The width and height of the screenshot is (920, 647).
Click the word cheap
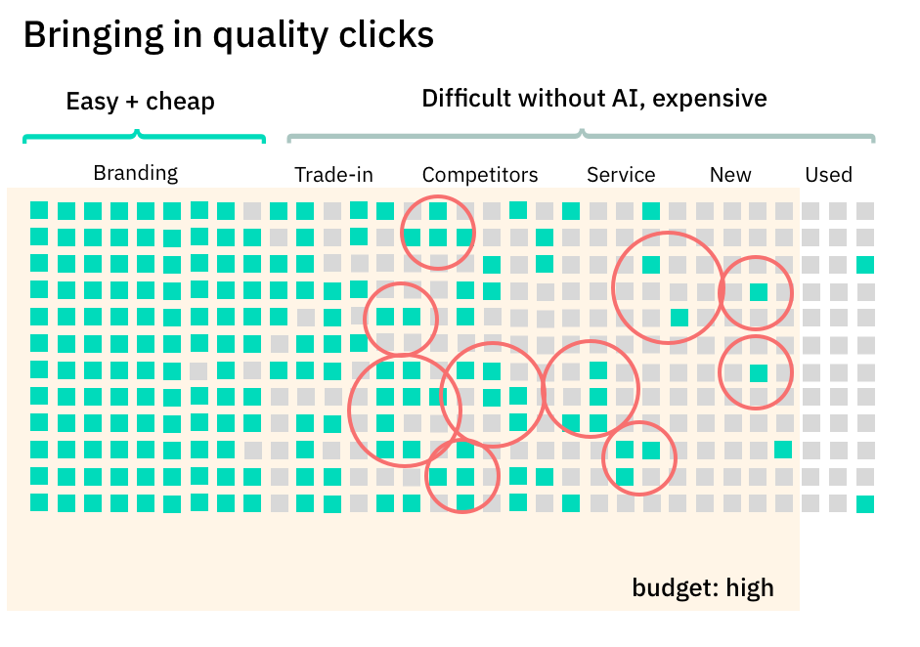[179, 102]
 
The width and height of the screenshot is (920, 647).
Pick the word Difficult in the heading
[465, 99]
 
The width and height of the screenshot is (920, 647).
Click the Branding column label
[135, 174]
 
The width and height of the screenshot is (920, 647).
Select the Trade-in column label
[333, 175]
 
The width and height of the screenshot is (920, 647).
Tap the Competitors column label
[480, 175]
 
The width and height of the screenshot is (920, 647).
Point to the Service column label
[621, 175]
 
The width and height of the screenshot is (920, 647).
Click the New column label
[730, 175]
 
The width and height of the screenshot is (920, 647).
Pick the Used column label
[828, 175]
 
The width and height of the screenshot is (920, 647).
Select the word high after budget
[751, 587]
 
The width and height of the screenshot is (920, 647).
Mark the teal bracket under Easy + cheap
[144, 137]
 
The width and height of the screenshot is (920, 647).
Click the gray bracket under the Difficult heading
[581, 136]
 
